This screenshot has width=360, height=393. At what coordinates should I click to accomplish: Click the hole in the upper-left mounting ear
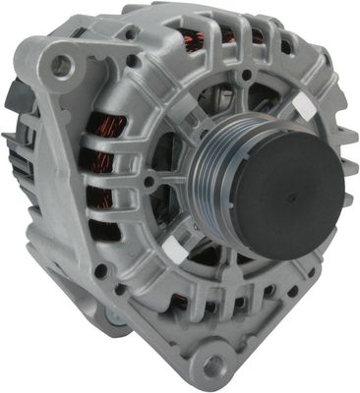click(x=62, y=66)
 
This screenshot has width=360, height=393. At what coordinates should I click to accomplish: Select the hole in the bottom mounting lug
click(x=209, y=365)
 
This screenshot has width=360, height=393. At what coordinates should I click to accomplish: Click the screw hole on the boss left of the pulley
click(x=149, y=182)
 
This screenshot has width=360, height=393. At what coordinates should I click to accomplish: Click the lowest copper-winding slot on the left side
click(x=104, y=232)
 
